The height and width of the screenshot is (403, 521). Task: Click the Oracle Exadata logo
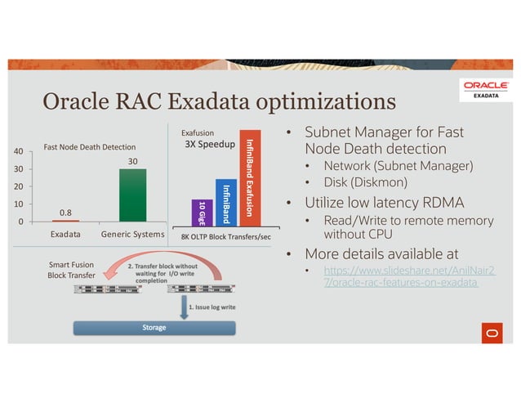(487, 88)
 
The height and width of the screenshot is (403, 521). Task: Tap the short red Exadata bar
(65, 220)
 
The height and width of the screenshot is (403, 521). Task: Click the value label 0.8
(65, 213)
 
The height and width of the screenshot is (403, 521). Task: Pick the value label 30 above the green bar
(132, 161)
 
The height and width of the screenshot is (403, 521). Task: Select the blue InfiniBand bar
(226, 201)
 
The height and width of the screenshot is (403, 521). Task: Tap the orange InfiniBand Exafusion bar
(250, 177)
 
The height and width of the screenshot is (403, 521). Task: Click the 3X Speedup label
(211, 145)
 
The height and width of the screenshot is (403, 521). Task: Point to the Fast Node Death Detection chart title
(89, 147)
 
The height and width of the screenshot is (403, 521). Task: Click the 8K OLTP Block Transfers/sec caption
(226, 236)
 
